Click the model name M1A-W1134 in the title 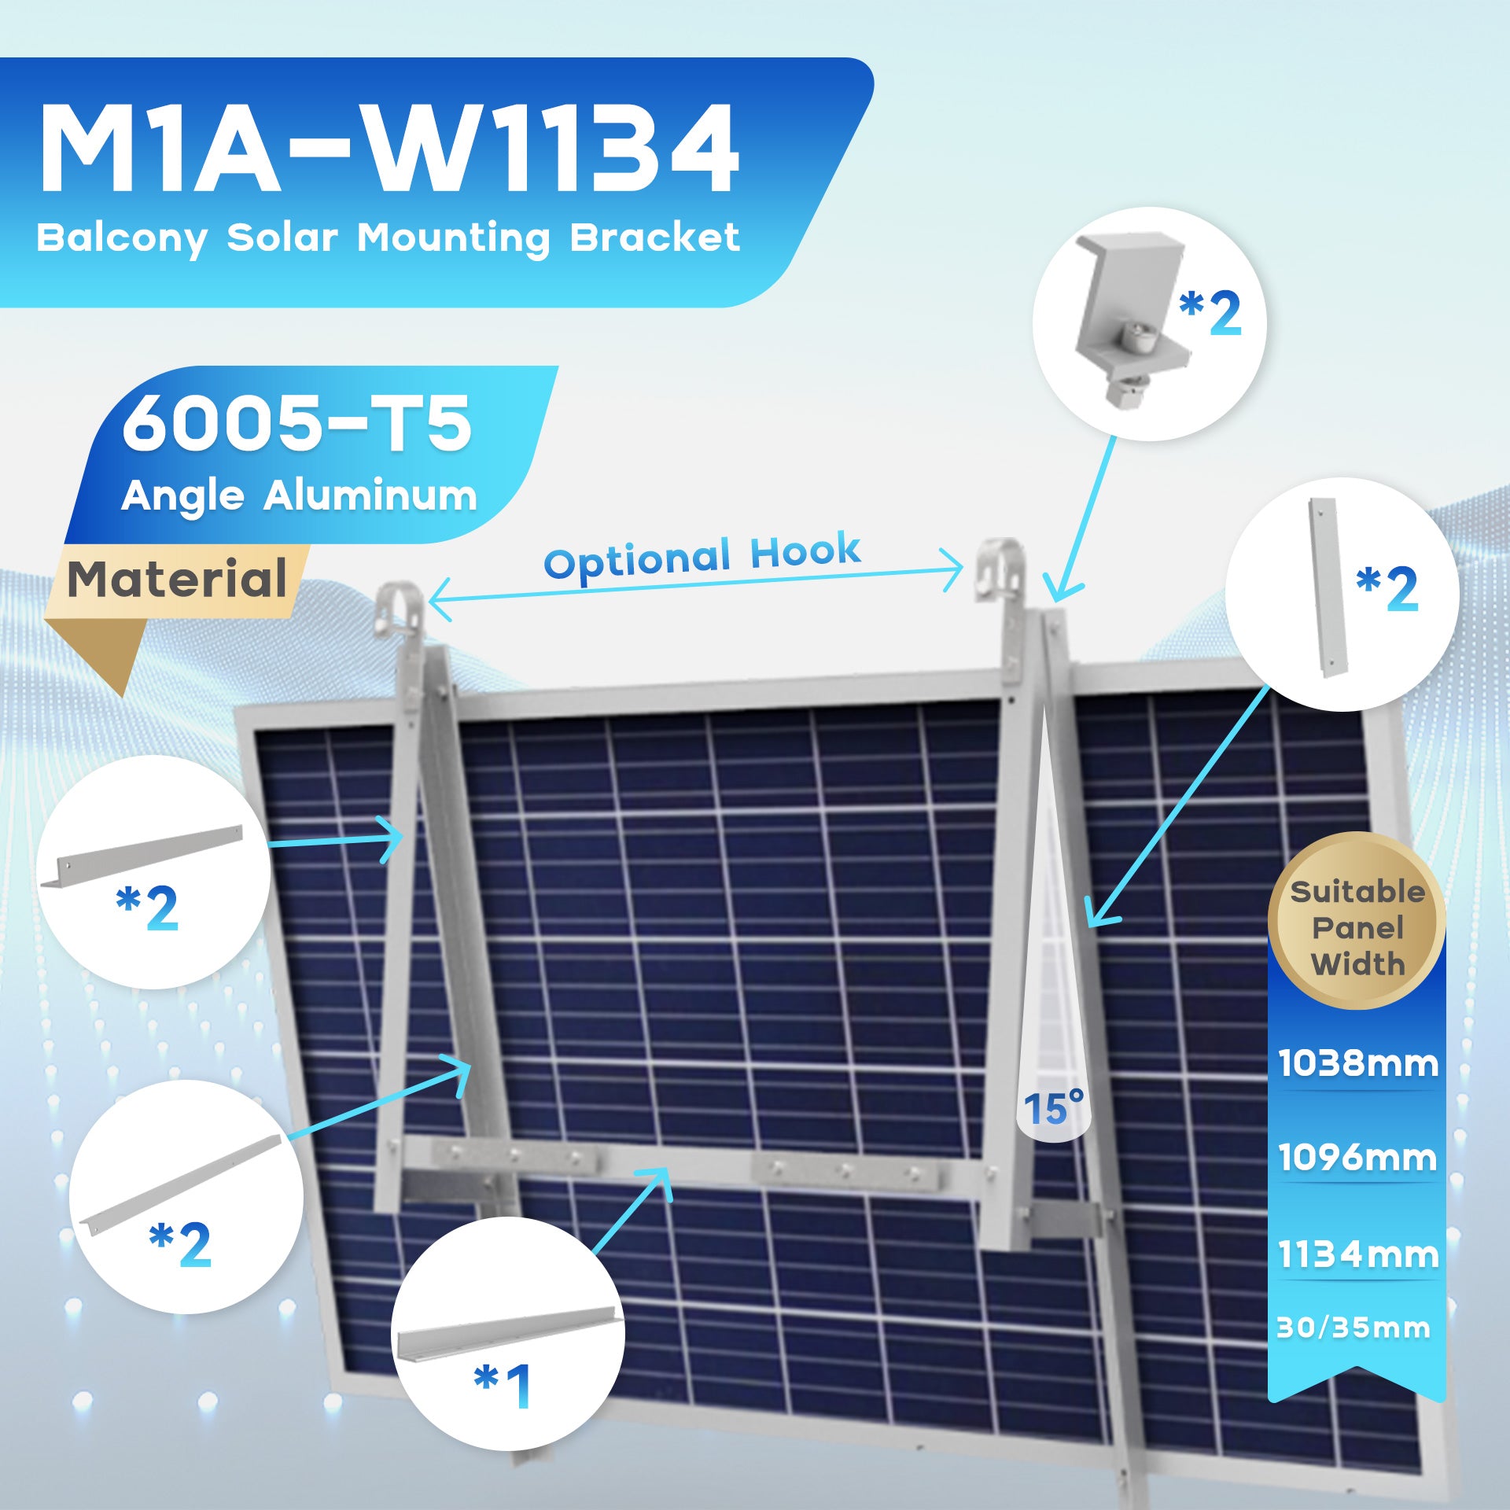coord(389,149)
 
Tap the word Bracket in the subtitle coord(654,237)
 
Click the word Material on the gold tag coord(177,579)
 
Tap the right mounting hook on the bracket coord(1000,569)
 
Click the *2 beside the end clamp coord(1210,313)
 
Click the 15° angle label coord(1053,1109)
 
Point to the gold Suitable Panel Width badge coord(1357,920)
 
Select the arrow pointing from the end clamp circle coord(1082,519)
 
